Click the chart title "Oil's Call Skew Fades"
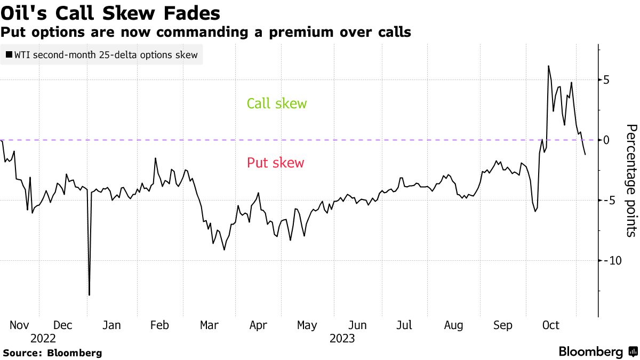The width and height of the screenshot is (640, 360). point(111,13)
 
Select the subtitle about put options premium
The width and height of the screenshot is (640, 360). point(206,33)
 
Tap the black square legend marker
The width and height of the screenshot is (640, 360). point(9,55)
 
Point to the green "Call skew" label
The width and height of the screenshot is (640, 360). point(277,103)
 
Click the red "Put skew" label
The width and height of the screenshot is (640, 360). point(275,163)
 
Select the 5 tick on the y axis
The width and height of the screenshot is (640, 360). point(606,80)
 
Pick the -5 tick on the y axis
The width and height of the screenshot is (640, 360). point(607,201)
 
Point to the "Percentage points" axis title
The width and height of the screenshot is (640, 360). point(631,180)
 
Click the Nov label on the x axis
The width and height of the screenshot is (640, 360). point(20,325)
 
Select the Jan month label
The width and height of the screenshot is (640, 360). point(111,325)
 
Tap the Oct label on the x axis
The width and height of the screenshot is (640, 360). point(550,325)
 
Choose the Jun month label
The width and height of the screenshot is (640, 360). point(357,325)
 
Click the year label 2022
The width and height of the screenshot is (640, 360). point(43,339)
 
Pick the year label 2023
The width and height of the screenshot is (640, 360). point(342,339)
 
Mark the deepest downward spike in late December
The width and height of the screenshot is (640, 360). point(89,294)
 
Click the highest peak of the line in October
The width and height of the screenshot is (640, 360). point(548,66)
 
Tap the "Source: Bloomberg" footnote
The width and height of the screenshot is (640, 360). point(52,353)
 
